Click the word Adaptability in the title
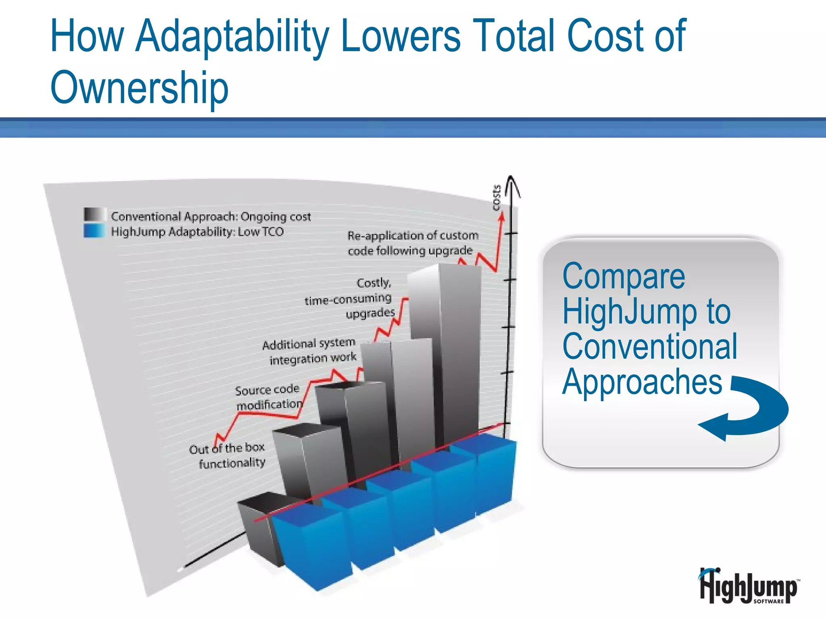(x=232, y=36)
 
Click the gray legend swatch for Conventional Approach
(x=95, y=215)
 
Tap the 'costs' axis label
(x=497, y=197)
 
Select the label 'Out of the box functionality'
(x=227, y=455)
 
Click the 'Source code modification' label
(x=268, y=397)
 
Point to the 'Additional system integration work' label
(x=310, y=351)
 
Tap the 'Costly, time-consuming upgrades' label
(x=355, y=298)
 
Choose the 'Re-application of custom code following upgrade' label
(x=412, y=243)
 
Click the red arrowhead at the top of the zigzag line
(x=502, y=217)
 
